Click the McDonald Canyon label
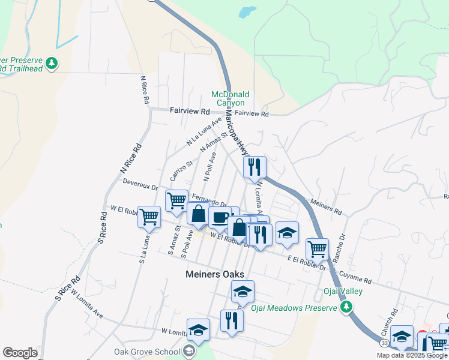point(230,98)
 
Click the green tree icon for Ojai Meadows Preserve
point(346,308)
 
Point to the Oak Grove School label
point(147,352)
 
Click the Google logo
point(20,353)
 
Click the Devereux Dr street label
point(140,182)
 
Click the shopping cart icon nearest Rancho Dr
point(316,248)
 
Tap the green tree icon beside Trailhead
point(52,63)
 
